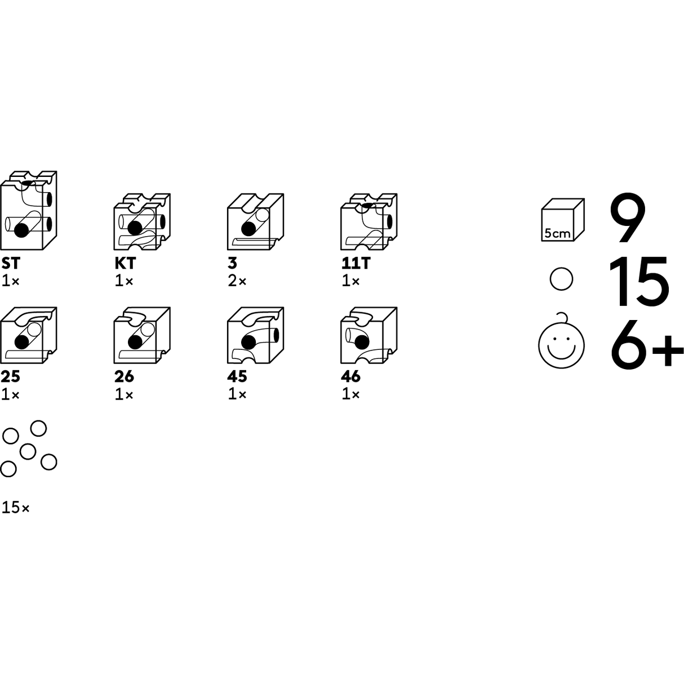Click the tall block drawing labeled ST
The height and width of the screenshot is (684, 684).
pos(29,211)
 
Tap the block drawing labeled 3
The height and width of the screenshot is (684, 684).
pos(255,222)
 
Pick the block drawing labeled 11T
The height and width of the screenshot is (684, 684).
pos(368,222)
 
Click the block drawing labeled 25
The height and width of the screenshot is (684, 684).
pos(29,336)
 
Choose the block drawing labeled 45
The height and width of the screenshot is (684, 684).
pos(255,336)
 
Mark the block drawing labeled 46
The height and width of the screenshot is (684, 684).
pos(368,336)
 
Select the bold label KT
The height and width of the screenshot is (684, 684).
pos(125,263)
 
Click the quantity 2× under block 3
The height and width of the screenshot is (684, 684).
pos(237,281)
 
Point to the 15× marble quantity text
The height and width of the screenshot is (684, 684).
pos(15,508)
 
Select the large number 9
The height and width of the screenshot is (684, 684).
pos(627,219)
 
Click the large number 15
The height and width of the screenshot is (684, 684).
pos(640,281)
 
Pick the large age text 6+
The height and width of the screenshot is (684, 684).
pos(646,342)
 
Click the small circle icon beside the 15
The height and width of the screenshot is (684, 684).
pos(561,279)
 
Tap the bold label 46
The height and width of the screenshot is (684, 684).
pos(350,376)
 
